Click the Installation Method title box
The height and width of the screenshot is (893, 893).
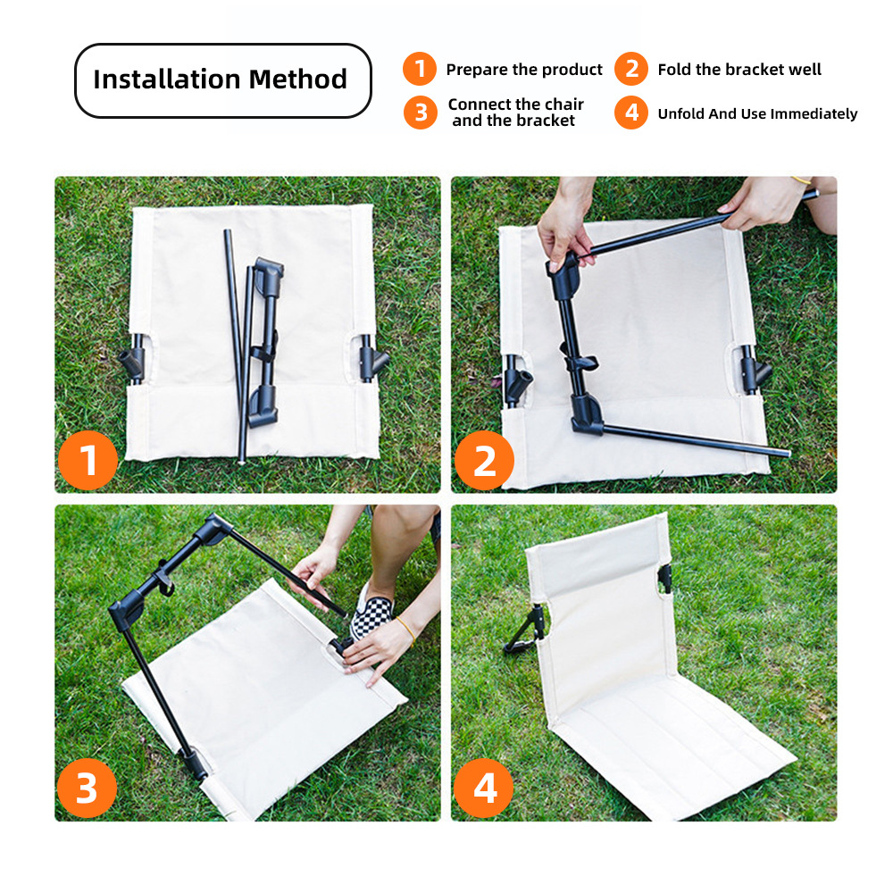222,80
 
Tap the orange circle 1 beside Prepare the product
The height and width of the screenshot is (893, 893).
420,69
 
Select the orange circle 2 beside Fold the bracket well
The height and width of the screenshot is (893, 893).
631,69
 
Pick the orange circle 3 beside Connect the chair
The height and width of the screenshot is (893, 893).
421,113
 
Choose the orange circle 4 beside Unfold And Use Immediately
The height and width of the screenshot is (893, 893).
631,113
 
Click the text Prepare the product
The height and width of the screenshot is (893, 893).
524,70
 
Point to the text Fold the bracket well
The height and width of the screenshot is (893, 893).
739,70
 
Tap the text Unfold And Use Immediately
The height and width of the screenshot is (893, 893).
757,114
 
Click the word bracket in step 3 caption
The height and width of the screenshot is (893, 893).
546,121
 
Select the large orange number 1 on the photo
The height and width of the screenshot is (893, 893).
88,460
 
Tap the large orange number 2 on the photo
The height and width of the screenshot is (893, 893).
484,460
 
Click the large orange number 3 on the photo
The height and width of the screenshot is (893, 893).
87,789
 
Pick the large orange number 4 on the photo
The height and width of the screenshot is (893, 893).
483,789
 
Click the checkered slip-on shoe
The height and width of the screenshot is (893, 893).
371,613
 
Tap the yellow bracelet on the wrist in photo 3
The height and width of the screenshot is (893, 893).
405,630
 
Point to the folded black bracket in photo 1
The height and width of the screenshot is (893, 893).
266,342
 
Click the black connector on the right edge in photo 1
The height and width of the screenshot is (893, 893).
372,359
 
